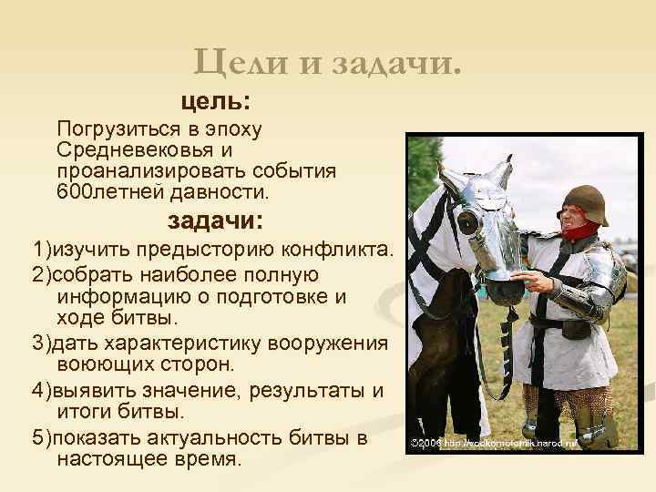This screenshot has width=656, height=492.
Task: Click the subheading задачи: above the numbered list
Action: (215, 220)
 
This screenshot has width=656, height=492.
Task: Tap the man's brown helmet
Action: (586, 199)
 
